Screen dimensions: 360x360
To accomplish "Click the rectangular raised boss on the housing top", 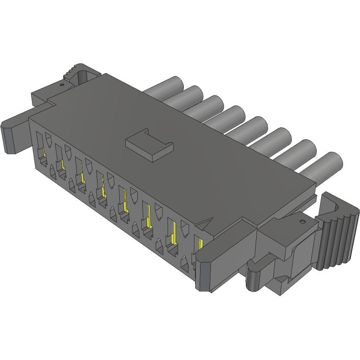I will pyautogui.click(x=150, y=145).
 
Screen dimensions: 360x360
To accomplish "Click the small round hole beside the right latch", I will pyautogui.click(x=303, y=221).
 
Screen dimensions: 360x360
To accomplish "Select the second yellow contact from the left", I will pyautogui.click(x=62, y=164).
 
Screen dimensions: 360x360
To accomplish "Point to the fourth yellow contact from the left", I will pyautogui.click(x=103, y=188).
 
